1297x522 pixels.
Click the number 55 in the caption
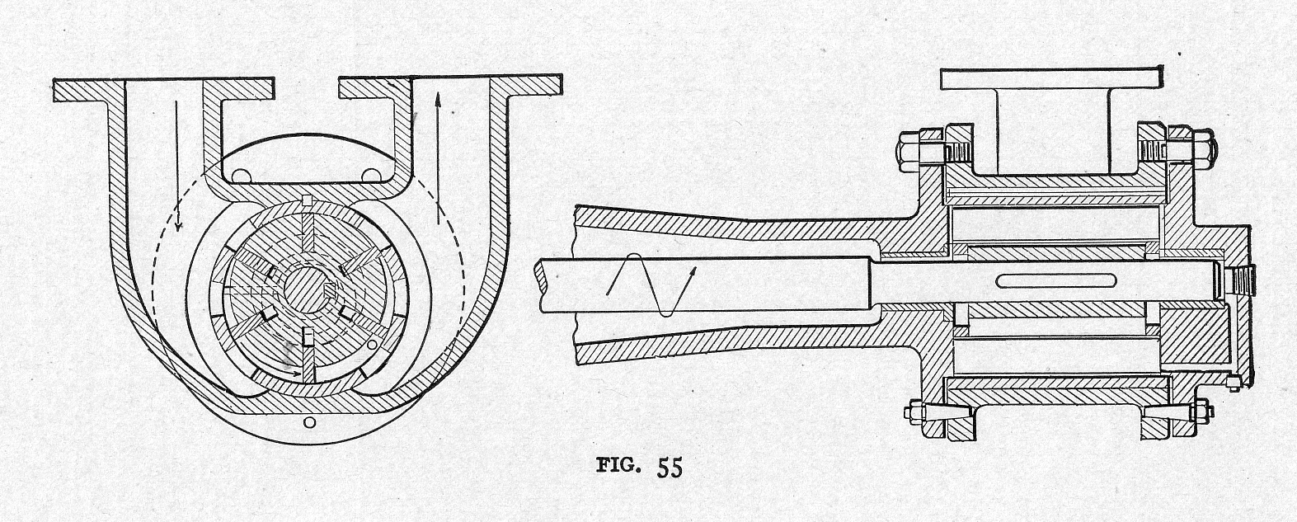point(670,468)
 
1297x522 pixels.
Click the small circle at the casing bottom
point(308,423)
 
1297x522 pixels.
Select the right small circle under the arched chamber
point(372,175)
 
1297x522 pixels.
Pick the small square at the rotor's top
point(307,201)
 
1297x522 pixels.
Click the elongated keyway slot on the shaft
point(1033,281)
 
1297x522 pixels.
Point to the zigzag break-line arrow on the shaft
point(651,285)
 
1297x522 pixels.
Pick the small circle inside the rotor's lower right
point(374,344)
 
